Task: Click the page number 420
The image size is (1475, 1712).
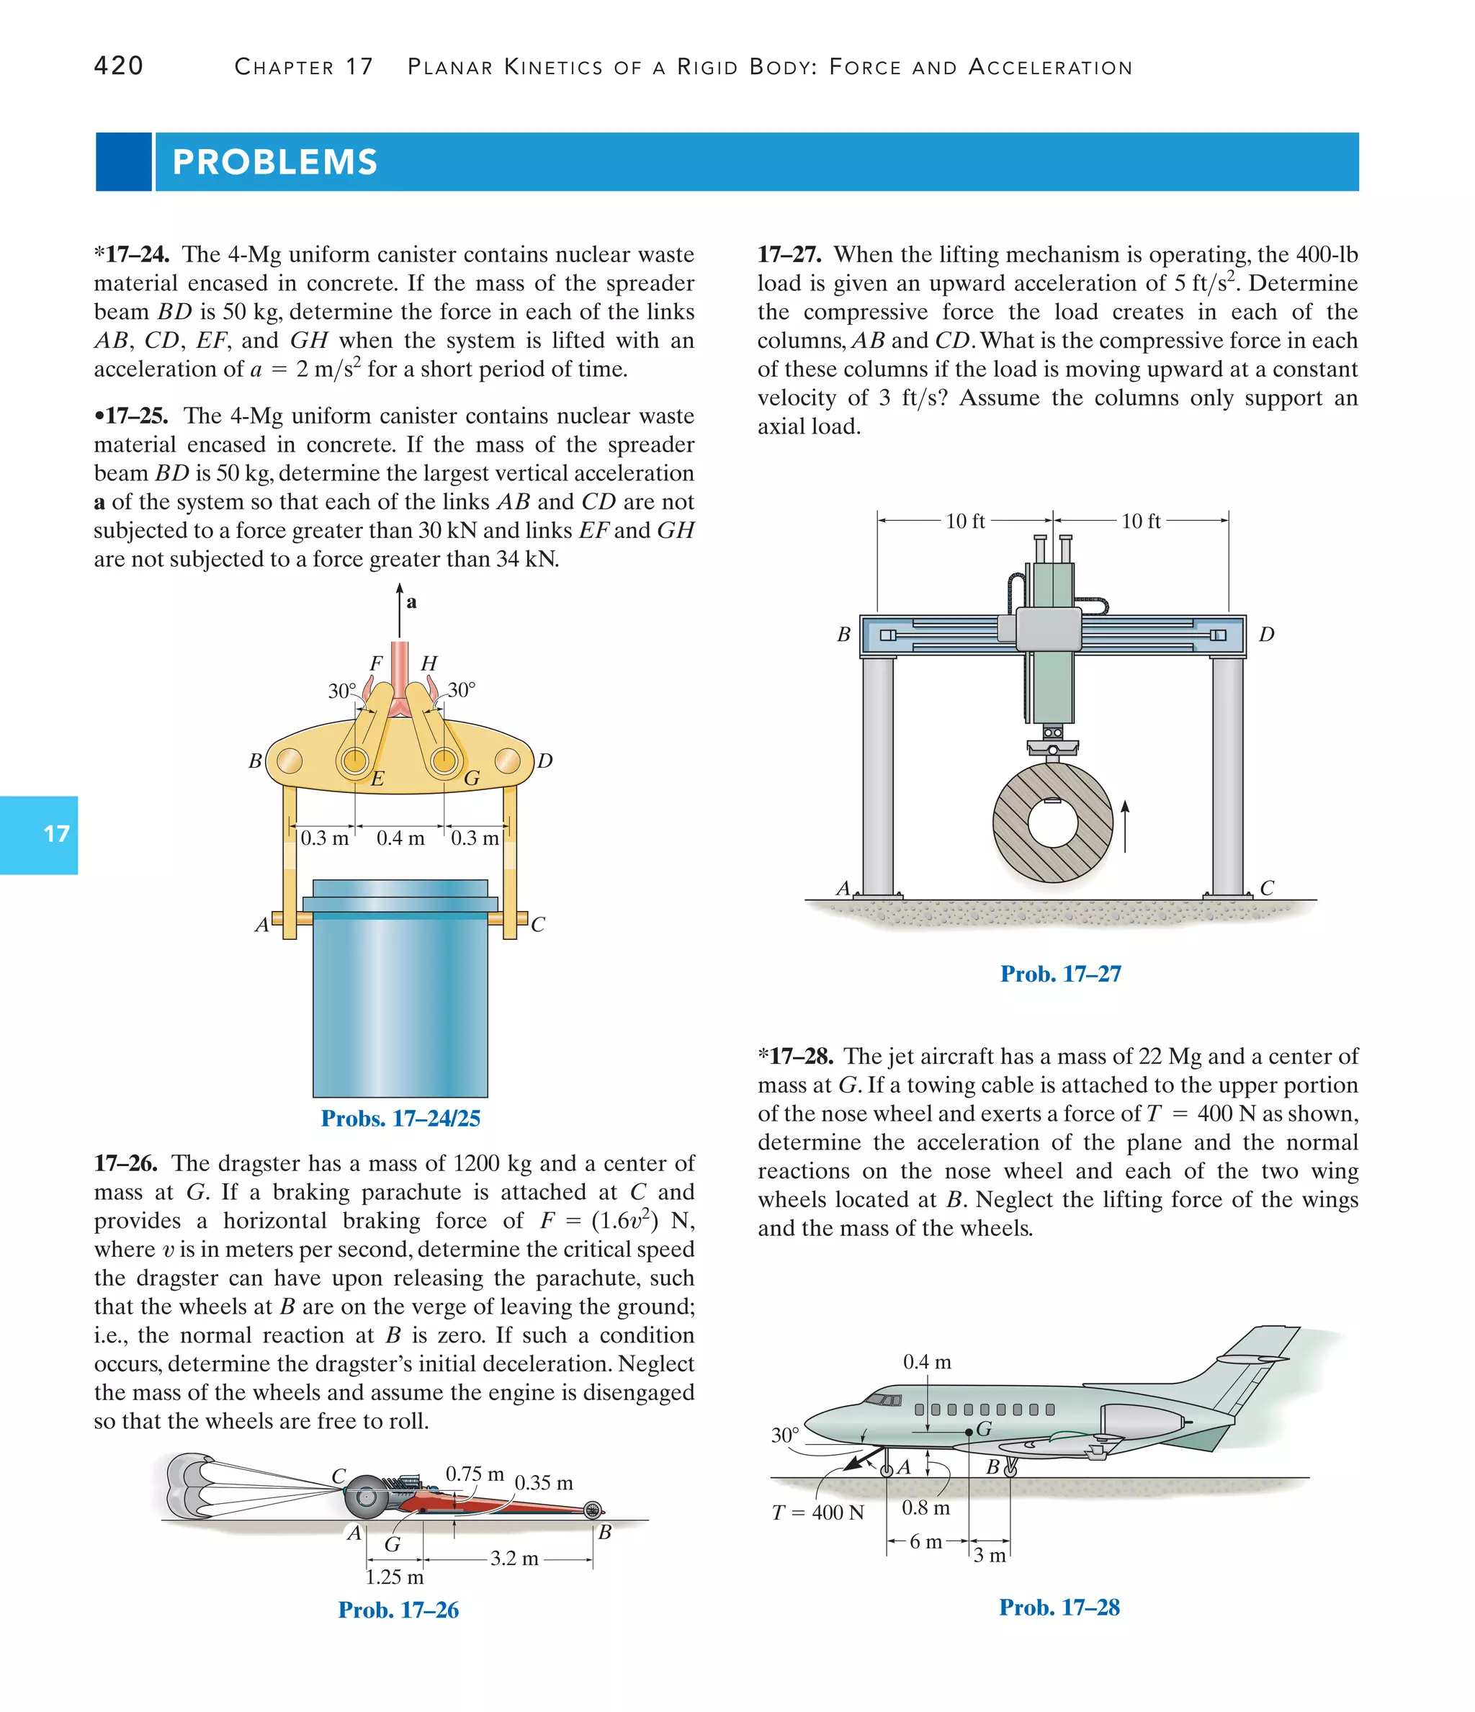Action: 119,66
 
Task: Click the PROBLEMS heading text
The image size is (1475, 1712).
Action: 275,162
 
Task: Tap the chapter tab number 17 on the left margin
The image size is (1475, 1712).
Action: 55,834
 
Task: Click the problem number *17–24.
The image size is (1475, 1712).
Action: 133,254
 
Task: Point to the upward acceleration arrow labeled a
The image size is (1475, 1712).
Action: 400,611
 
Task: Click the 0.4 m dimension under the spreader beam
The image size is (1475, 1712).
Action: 400,838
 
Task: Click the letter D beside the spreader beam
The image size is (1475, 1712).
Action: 544,760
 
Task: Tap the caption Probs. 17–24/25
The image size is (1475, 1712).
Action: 400,1118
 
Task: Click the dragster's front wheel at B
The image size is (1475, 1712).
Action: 593,1510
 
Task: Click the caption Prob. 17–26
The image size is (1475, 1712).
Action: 398,1610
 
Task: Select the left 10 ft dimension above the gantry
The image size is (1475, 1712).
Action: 965,521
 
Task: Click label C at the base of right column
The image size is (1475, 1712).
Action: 1267,888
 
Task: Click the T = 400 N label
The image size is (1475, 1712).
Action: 817,1512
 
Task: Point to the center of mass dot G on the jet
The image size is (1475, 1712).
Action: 969,1431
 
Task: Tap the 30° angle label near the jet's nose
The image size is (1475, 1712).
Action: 785,1435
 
